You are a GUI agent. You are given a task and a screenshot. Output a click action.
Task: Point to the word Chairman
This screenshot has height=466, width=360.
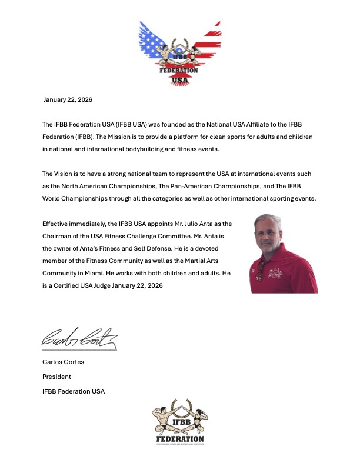[x=60, y=237]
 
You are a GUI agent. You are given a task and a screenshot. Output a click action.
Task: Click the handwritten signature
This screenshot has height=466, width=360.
[x=79, y=337]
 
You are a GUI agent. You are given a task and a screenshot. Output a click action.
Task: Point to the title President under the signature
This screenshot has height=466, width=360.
[x=56, y=377]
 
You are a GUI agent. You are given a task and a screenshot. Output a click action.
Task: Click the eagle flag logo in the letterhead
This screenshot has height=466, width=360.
[x=179, y=53]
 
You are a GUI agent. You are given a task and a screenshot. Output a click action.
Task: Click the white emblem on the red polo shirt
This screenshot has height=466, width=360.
[x=289, y=275]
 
